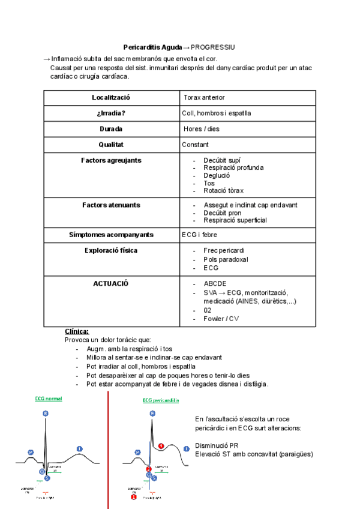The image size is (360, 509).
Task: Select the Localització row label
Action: coord(111,97)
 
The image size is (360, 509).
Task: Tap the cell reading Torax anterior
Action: coord(205,97)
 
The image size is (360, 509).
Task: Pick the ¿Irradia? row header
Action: coord(111,113)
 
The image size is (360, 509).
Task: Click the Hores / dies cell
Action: coord(202,128)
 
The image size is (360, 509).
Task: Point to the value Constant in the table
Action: coord(195,144)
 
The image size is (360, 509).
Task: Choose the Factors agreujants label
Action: coord(111,160)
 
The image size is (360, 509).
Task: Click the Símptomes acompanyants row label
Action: coord(111,235)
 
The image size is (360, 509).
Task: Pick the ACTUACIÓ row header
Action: coord(111,283)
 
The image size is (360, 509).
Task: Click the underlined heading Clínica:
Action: coord(77,331)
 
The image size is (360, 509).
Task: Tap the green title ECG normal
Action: coord(49,399)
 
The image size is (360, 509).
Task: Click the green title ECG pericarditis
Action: coord(160,400)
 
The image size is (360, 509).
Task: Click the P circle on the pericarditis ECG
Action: coord(137,451)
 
